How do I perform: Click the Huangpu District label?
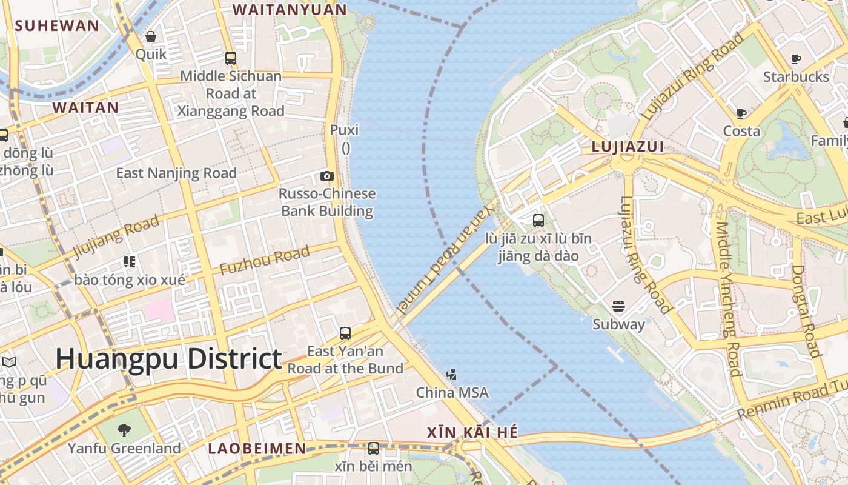coord(168,359)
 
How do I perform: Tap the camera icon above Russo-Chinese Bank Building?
coord(327,176)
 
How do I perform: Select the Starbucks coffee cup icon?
coord(796,59)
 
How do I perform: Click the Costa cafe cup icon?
coord(741,113)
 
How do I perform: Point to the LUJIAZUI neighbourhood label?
coord(628,147)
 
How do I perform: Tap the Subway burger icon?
coord(618,306)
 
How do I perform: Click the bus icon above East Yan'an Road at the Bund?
coord(345,333)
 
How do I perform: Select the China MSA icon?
coord(451,375)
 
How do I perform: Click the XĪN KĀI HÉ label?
coord(472,432)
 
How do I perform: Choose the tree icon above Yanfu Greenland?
coord(124,430)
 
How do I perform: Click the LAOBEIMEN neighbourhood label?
coord(257,449)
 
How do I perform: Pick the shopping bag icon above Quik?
coord(151,36)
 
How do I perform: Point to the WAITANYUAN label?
coord(290,10)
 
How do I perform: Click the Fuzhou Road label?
coord(265,261)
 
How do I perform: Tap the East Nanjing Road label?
coord(176,173)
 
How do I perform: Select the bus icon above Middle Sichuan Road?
coord(231,58)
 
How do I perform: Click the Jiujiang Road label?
coord(116,237)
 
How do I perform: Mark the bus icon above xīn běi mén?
coord(374,449)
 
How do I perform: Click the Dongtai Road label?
coord(806,310)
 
